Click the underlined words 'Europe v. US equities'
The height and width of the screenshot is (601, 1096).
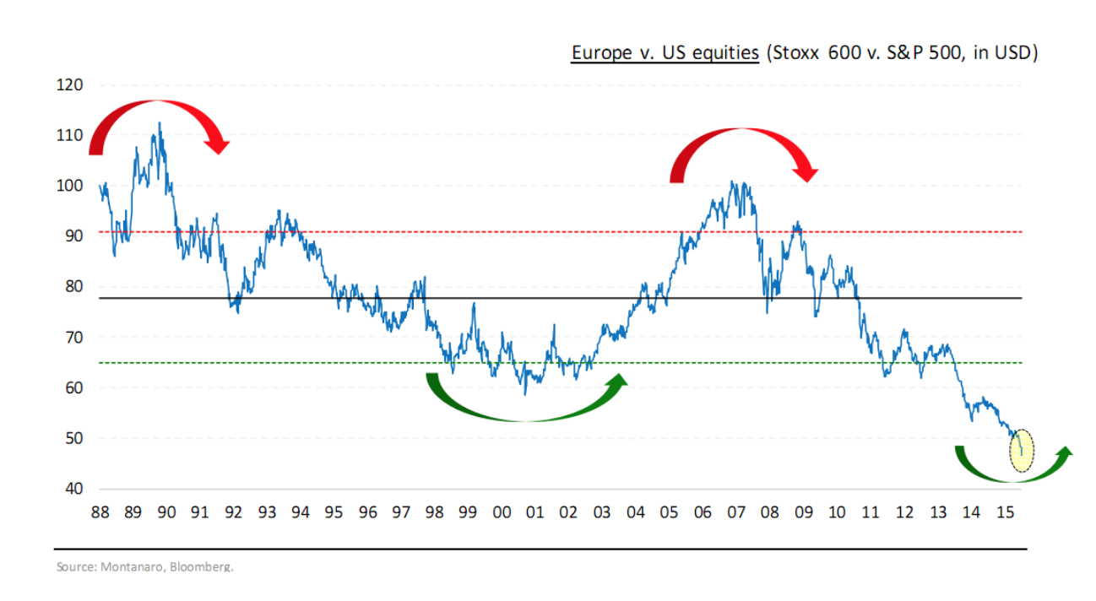tap(665, 53)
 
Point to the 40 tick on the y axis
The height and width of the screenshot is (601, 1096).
tap(73, 489)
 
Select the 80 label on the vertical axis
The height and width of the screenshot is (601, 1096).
tap(73, 287)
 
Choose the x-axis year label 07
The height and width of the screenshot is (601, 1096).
tap(736, 512)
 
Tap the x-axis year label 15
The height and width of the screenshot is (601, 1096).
tap(1005, 512)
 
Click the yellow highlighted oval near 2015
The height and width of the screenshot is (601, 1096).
tap(1021, 450)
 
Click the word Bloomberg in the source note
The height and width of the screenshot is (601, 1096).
tap(203, 566)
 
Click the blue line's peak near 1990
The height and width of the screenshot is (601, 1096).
tap(160, 123)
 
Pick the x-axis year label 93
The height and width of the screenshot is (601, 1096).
tap(267, 512)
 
